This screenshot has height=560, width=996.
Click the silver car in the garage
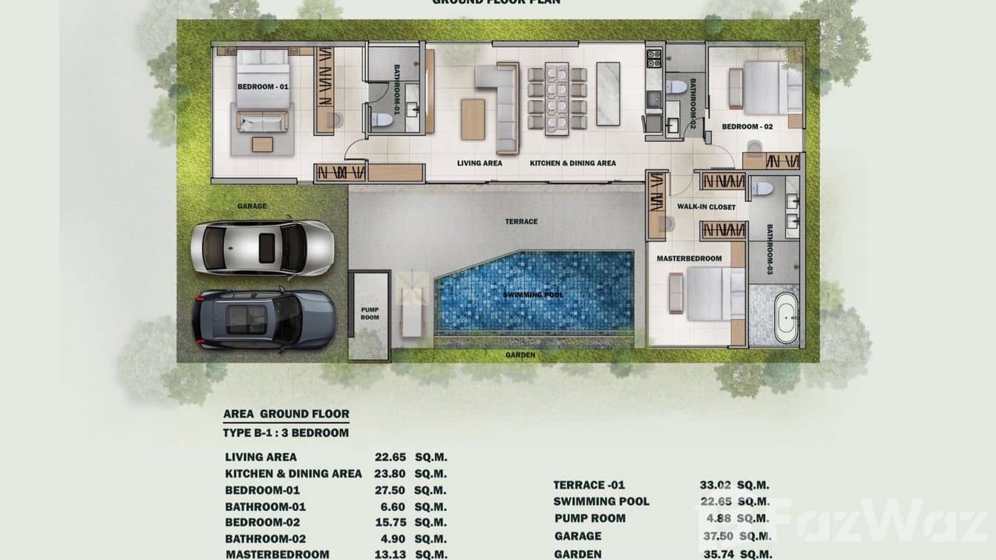click(261, 247)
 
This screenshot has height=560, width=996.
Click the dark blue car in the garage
click(263, 319)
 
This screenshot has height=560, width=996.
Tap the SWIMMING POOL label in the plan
click(533, 295)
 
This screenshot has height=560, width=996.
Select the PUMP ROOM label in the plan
click(370, 313)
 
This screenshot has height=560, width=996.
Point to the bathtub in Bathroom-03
click(786, 317)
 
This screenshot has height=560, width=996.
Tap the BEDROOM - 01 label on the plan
click(263, 87)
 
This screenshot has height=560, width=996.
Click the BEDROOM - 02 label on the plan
click(747, 126)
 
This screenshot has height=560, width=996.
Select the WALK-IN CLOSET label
click(706, 206)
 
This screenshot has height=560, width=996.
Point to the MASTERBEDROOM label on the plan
click(689, 258)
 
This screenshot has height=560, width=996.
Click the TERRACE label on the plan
click(521, 221)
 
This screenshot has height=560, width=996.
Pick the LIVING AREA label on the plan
click(479, 163)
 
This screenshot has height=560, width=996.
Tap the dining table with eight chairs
click(557, 98)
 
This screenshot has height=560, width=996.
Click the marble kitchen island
click(608, 94)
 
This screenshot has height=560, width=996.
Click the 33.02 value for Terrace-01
click(715, 485)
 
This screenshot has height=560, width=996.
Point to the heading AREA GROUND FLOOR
click(286, 414)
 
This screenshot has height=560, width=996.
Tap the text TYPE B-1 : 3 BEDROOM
click(286, 433)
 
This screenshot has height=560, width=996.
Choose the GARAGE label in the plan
click(252, 206)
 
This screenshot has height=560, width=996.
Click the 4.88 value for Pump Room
click(717, 518)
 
